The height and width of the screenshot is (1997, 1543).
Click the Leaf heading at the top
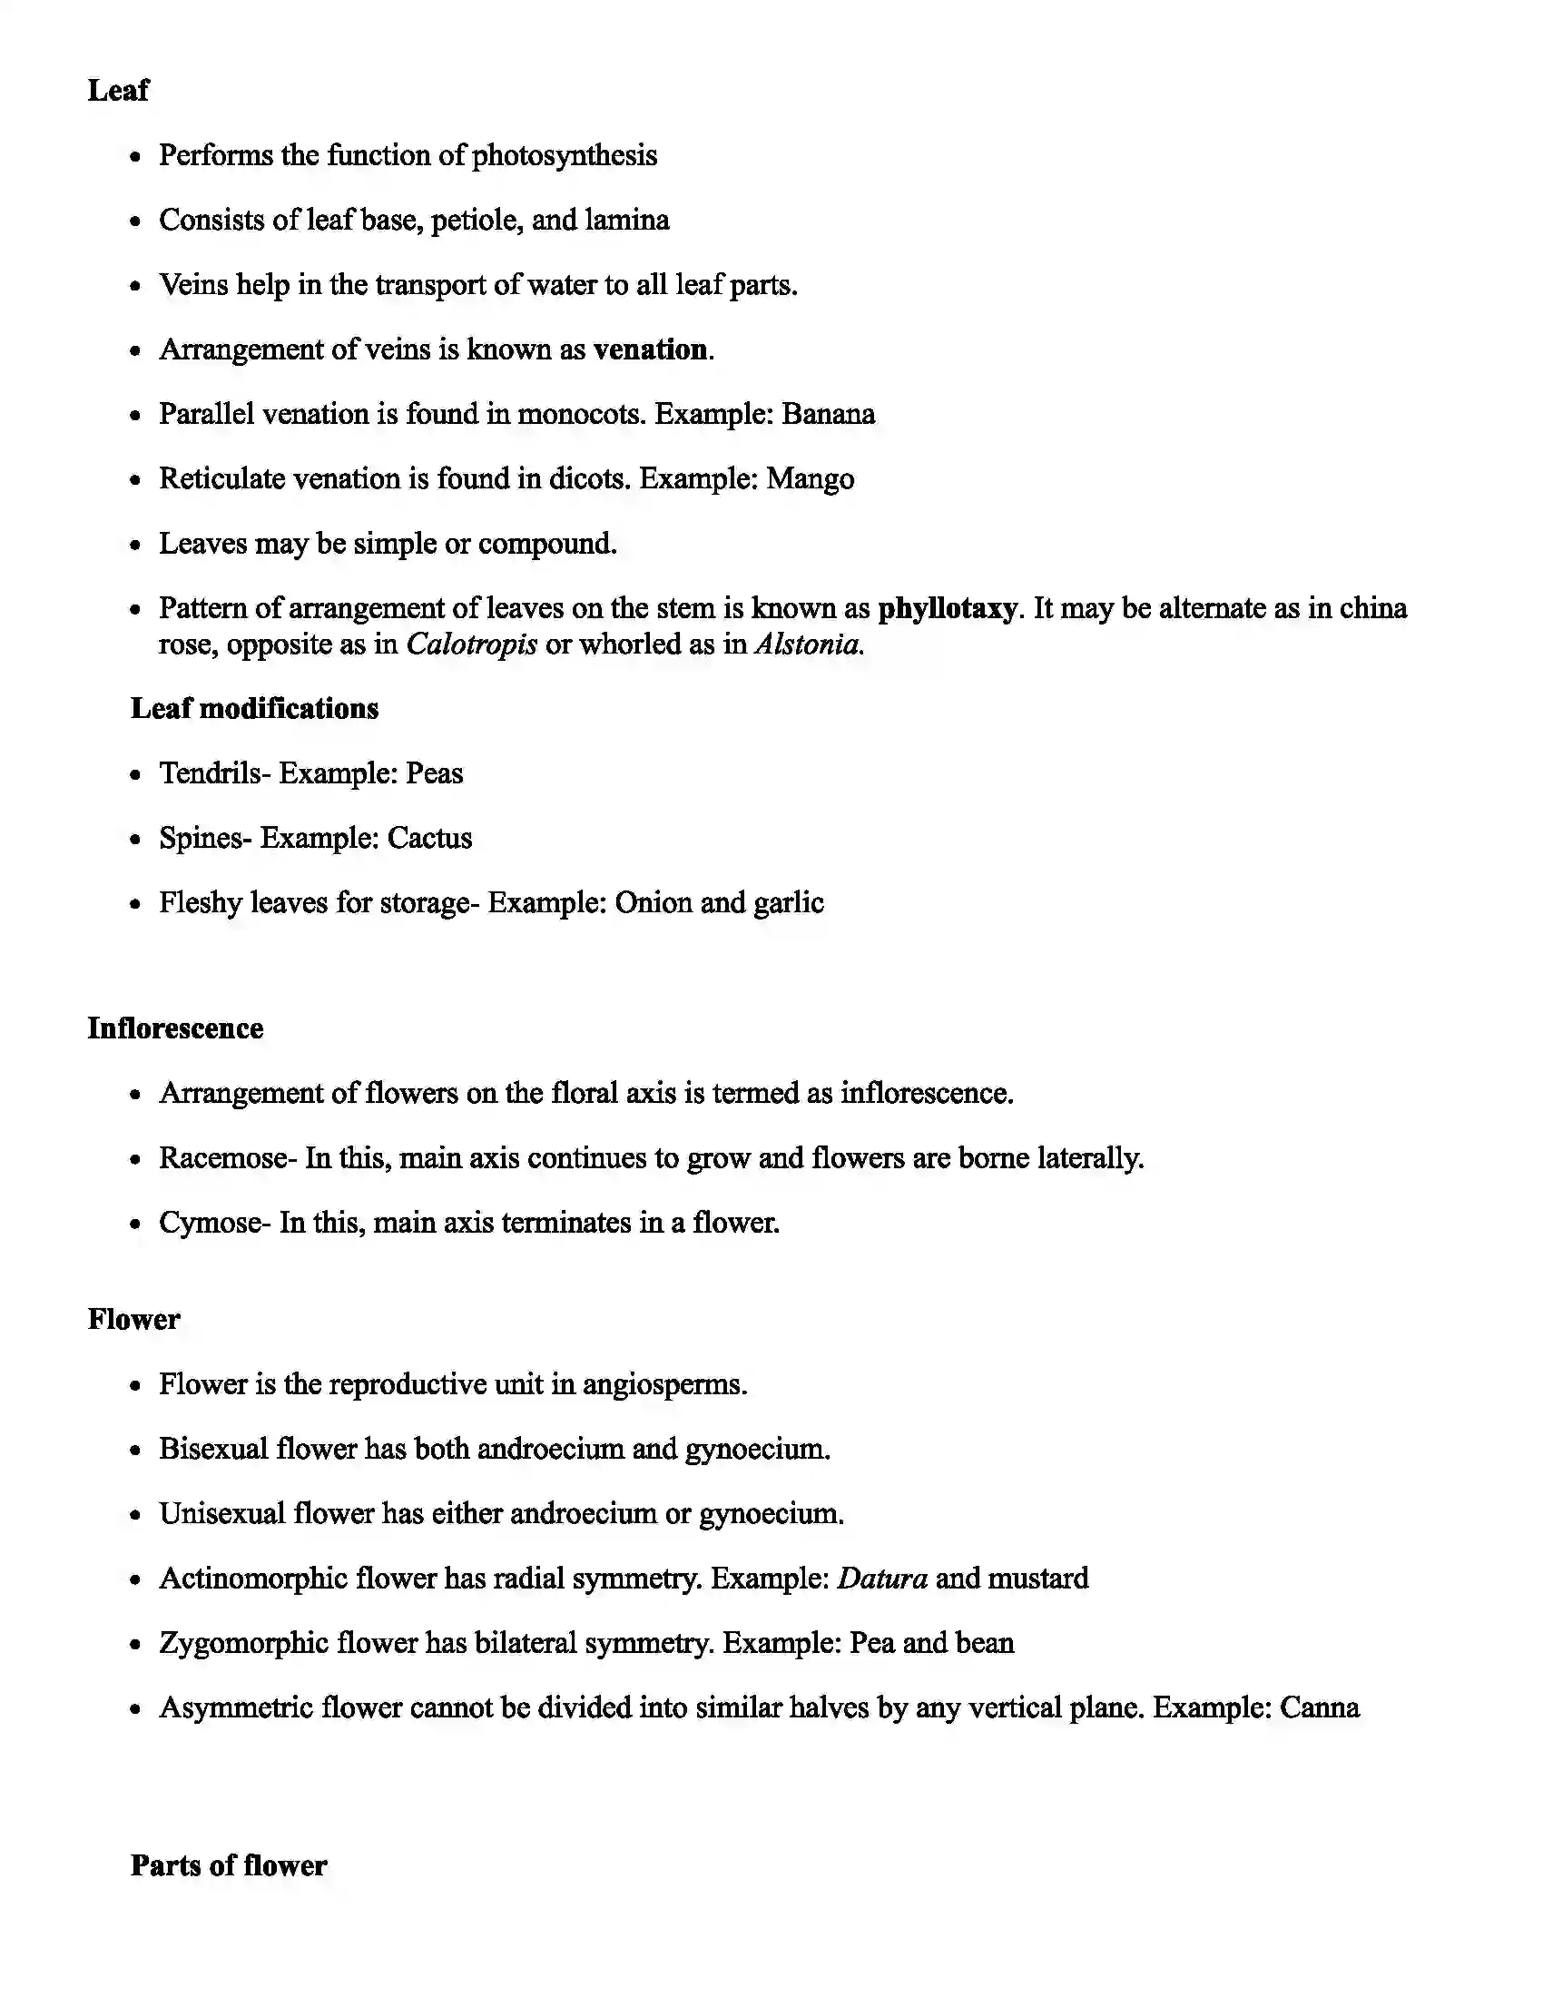click(118, 91)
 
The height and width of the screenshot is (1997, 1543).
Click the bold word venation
click(650, 349)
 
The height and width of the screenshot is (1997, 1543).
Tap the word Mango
click(810, 479)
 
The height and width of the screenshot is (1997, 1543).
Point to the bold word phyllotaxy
click(947, 609)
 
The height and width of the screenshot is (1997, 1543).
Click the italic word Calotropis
click(471, 644)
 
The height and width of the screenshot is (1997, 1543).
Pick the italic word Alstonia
click(808, 644)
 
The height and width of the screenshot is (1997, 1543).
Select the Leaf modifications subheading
click(254, 709)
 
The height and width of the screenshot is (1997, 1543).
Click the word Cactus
click(428, 839)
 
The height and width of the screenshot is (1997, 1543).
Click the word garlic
click(788, 903)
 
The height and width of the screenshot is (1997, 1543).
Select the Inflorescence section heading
click(175, 1028)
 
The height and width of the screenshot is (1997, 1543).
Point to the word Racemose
click(224, 1158)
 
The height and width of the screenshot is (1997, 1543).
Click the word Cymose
click(211, 1224)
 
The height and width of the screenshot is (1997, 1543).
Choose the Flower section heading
click(133, 1320)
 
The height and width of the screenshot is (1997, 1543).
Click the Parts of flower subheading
click(229, 1866)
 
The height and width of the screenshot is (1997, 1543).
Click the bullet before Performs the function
click(135, 157)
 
